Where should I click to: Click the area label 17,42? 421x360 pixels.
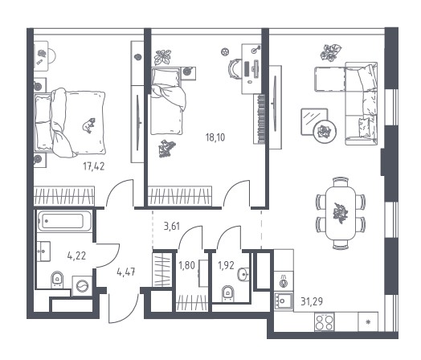[94, 166]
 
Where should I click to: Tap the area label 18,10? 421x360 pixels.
[215, 137]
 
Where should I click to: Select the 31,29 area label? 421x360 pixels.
[312, 301]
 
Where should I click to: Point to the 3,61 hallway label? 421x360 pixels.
[172, 227]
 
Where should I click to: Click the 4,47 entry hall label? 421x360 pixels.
[126, 272]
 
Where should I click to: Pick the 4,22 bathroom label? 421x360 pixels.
[76, 256]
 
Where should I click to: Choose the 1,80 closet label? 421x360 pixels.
[186, 265]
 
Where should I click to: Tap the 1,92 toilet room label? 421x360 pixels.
[226, 265]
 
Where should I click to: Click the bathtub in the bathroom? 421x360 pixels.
[64, 221]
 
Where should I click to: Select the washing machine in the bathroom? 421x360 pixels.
[82, 286]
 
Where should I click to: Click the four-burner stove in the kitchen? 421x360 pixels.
[325, 322]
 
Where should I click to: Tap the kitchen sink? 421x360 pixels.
[284, 301]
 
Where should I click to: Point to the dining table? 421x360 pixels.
[341, 213]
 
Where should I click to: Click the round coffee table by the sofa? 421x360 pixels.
[325, 132]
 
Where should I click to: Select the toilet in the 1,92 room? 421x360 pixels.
[228, 293]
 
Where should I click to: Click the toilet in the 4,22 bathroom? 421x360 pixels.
[57, 280]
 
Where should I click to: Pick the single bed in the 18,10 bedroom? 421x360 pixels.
[168, 101]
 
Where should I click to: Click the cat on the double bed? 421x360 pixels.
[89, 125]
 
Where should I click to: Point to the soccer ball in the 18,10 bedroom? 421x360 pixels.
[225, 51]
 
